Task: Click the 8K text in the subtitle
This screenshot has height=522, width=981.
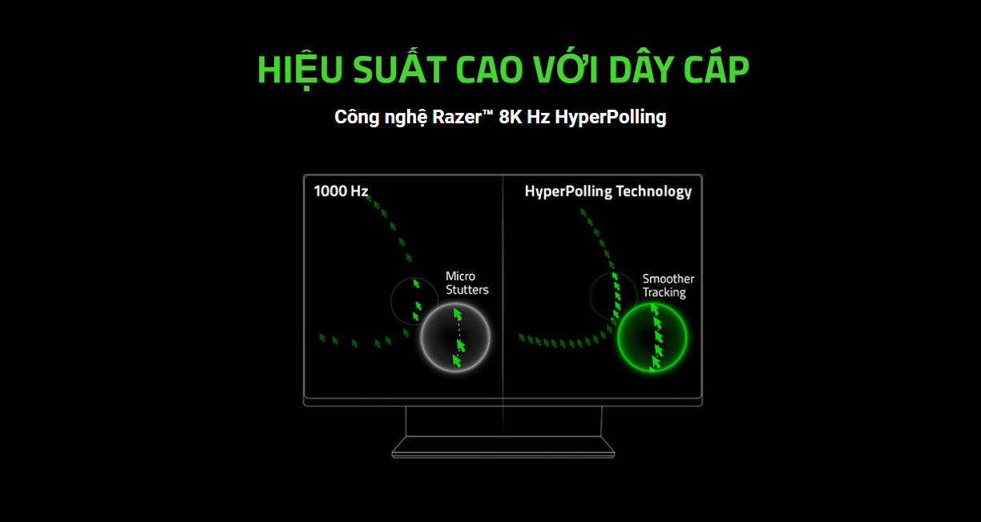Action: [x=510, y=117]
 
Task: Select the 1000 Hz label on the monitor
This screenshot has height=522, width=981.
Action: [x=341, y=191]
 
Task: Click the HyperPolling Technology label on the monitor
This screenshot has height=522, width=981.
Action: [x=608, y=191]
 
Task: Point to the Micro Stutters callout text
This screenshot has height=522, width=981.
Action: [x=466, y=283]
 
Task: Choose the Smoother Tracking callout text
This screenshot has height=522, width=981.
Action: [x=668, y=286]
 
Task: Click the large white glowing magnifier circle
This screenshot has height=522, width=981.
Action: [x=455, y=337]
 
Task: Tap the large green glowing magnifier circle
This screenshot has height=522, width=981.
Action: [x=652, y=337]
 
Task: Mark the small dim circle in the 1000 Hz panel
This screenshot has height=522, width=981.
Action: [x=414, y=301]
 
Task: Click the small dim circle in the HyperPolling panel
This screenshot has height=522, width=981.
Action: [x=612, y=296]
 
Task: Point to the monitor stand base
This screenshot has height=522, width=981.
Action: [x=503, y=447]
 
